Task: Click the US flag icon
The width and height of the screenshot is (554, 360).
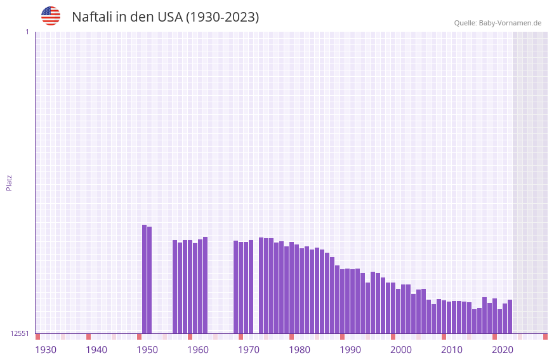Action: point(51,16)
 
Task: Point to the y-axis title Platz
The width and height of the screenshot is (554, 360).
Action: point(9,182)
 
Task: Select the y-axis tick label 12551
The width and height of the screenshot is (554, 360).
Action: point(20,333)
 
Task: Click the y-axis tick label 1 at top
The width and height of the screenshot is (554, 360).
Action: point(27,32)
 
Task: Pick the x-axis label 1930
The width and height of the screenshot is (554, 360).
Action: point(46,349)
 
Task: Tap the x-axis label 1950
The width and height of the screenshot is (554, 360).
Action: point(147,349)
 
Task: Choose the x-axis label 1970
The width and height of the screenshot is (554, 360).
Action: point(249,349)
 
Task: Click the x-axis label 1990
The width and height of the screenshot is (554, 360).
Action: point(350,349)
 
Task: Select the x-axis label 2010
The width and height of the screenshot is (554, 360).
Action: point(452,349)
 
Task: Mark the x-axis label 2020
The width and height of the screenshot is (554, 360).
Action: point(503,349)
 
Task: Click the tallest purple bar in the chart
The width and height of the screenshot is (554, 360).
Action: point(145,279)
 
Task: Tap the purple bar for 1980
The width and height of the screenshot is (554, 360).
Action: point(296,289)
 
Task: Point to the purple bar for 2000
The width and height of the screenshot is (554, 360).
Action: point(399,311)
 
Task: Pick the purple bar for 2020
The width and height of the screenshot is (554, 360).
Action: point(499,321)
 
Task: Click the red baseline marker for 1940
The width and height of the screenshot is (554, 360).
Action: point(89,337)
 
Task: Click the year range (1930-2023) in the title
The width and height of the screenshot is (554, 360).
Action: point(222,17)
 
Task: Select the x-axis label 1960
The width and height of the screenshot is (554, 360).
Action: point(198,349)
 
